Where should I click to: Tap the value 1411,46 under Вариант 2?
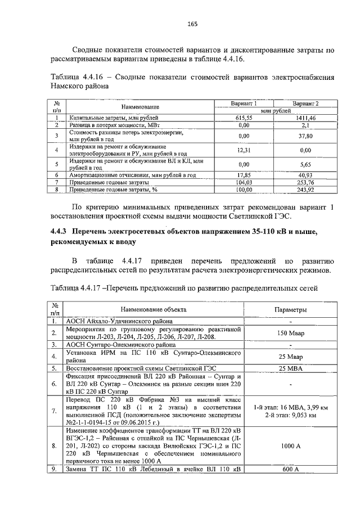point(305,118)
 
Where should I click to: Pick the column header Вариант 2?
point(305,103)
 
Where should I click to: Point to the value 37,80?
point(305,136)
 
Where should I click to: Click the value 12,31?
point(244,150)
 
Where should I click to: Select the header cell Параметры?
point(290,310)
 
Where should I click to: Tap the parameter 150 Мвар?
point(290,333)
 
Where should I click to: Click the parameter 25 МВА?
point(290,368)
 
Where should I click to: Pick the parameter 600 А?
point(290,469)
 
